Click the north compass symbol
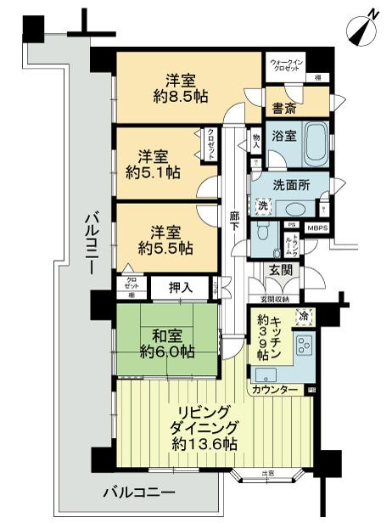(x=362, y=26)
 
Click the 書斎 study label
(x=283, y=108)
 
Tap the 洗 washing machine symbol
(x=263, y=205)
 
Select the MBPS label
(x=317, y=227)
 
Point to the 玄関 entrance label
(x=280, y=270)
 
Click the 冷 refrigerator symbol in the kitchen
(x=302, y=318)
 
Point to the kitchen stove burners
(x=304, y=346)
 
